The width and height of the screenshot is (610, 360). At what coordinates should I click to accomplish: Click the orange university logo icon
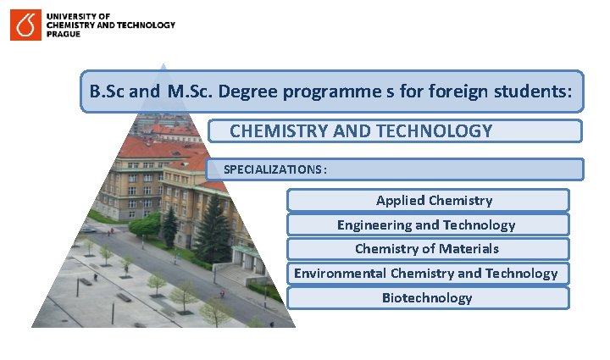[25, 25]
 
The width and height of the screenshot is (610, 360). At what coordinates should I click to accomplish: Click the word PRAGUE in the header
[64, 35]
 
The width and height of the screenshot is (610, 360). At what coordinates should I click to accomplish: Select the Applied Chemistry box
[428, 201]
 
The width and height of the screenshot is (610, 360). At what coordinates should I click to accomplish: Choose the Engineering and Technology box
[428, 224]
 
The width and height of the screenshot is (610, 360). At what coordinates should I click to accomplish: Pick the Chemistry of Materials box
[428, 249]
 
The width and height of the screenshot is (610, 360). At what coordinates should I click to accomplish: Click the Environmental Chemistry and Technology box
[428, 273]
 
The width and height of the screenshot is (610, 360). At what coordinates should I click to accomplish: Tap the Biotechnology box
[428, 297]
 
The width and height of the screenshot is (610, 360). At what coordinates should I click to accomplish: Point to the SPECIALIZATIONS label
[273, 169]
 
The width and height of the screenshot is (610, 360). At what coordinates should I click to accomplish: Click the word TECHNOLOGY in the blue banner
[442, 131]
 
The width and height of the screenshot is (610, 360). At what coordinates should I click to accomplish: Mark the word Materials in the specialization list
[467, 249]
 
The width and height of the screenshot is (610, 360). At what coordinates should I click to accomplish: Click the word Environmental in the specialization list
[340, 273]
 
